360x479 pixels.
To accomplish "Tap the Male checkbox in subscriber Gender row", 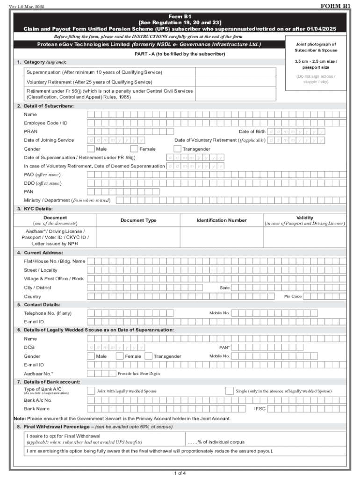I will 91,149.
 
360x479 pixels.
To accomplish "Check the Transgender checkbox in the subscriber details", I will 177,149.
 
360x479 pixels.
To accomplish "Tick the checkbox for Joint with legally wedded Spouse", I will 91,391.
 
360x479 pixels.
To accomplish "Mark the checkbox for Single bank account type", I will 229,391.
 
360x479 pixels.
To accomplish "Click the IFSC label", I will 259,408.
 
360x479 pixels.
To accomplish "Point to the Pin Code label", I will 293,296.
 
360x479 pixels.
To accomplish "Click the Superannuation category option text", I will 94,72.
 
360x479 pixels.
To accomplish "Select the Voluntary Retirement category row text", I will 89,82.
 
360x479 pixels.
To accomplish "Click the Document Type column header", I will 138,220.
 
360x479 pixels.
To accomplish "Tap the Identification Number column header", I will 221,220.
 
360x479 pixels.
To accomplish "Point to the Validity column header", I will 305,218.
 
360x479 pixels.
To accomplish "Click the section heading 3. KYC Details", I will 35,209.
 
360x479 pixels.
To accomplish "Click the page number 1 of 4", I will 180,472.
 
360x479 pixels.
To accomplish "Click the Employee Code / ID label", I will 46,123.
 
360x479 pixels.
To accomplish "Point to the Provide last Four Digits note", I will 139,373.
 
